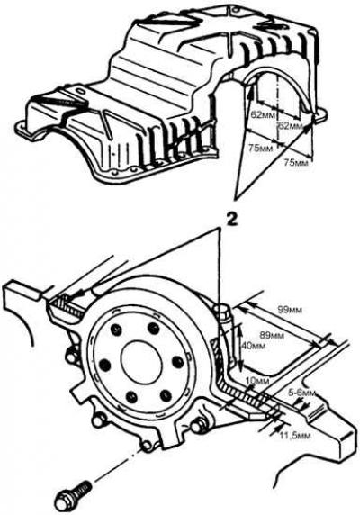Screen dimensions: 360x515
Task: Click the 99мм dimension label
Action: [x=290, y=310]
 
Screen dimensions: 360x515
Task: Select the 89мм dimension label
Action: [x=272, y=335]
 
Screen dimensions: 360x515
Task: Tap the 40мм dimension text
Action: [x=252, y=346]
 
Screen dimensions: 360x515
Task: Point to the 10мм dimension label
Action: [x=257, y=382]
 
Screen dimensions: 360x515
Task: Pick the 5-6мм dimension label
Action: [x=302, y=393]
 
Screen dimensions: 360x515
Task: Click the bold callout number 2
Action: [x=231, y=220]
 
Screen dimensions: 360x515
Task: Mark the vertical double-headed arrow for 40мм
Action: [x=239, y=346]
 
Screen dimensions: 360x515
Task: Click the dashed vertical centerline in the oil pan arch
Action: [x=278, y=105]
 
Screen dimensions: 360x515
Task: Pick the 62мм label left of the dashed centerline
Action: [x=262, y=115]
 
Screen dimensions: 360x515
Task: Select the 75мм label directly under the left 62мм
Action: [x=261, y=149]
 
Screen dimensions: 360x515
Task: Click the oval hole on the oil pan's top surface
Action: [x=80, y=90]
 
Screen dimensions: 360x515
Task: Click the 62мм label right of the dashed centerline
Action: [x=291, y=126]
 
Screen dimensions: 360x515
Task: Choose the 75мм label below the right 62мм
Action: [x=296, y=162]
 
